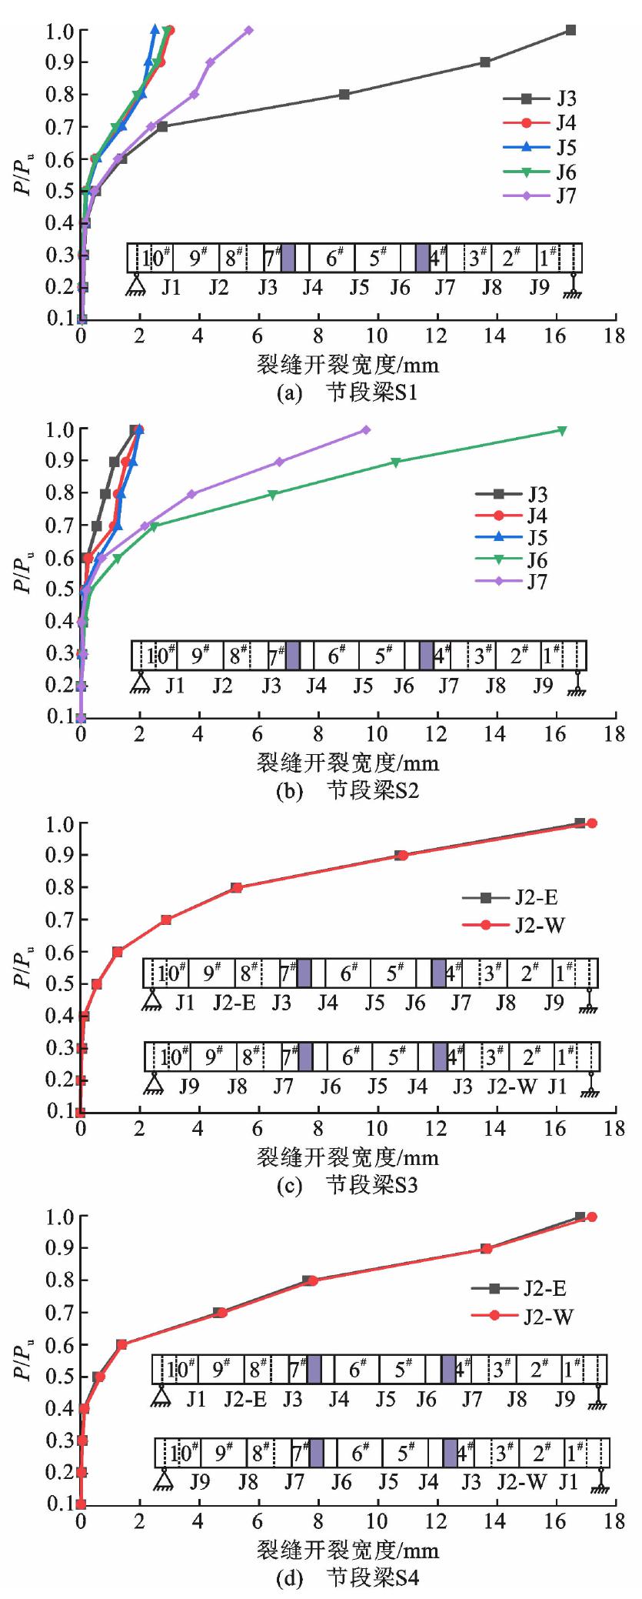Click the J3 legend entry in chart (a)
(x=566, y=98)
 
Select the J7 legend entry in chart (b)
(x=537, y=582)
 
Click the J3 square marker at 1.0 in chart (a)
(x=570, y=30)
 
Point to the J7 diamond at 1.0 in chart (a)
(x=248, y=30)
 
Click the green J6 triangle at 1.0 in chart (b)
(x=561, y=430)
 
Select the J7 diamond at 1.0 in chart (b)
(x=366, y=430)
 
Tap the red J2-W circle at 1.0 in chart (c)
(x=592, y=823)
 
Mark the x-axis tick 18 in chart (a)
(x=614, y=335)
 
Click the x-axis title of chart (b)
(x=348, y=763)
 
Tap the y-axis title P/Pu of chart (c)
(x=26, y=967)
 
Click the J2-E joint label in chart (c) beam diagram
(x=235, y=1003)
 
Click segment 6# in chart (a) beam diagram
(x=335, y=258)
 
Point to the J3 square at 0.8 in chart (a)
(x=344, y=94)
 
